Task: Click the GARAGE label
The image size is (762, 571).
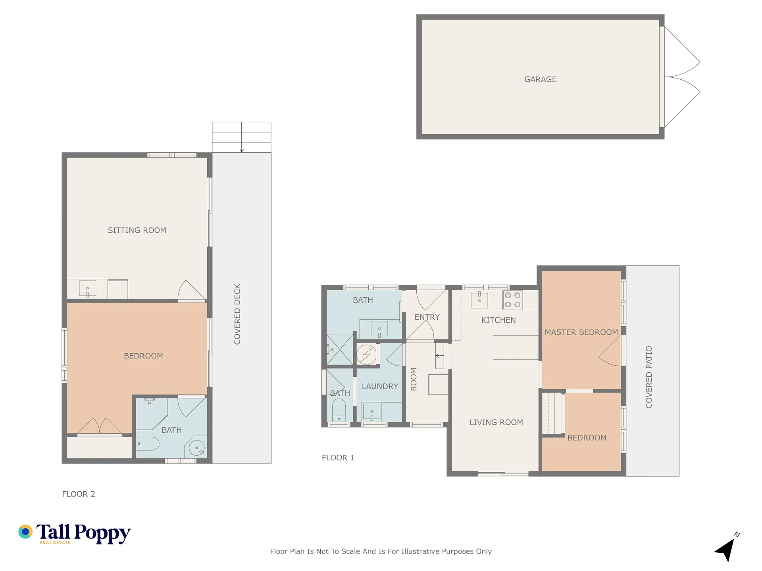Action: tap(540, 79)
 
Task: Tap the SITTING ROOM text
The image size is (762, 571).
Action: tap(137, 230)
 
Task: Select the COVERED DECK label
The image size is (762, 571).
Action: tap(237, 314)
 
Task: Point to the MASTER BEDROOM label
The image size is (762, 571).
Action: tap(581, 332)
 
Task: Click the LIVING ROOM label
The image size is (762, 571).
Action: tap(496, 422)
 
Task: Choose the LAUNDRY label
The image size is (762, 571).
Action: tap(380, 386)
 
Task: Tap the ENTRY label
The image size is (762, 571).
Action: tap(427, 317)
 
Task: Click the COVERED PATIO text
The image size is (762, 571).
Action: tap(649, 377)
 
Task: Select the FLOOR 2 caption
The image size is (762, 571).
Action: tap(79, 494)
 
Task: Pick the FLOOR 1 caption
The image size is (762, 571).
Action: tap(338, 458)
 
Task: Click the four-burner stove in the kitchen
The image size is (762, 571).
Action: tap(512, 300)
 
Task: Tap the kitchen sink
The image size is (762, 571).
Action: tap(479, 300)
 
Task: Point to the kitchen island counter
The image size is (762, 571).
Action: tap(516, 347)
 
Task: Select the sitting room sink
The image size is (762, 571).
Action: tap(87, 289)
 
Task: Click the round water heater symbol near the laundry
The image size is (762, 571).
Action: tap(366, 354)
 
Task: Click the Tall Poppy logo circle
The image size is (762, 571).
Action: tap(25, 532)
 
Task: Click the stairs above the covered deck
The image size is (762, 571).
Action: tap(242, 137)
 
